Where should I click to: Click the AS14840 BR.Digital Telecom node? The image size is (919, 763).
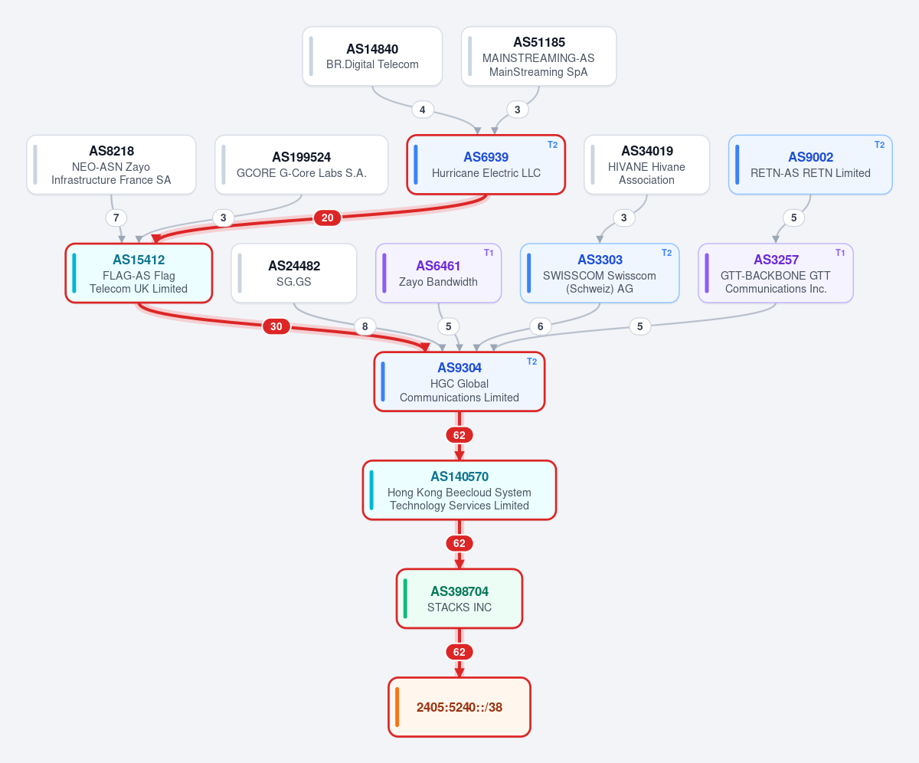tap(372, 57)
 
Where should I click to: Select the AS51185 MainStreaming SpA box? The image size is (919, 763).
tap(538, 57)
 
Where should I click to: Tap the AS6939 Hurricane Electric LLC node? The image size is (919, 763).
tap(486, 165)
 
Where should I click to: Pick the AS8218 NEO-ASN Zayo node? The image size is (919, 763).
tap(111, 165)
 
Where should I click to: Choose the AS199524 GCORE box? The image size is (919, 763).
tap(302, 165)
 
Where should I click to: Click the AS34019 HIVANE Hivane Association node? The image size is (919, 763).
tap(646, 165)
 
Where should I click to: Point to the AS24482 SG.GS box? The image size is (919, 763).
tap(294, 273)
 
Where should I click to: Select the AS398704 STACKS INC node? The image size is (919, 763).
tap(459, 599)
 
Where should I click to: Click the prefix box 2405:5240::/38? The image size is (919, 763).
tap(459, 707)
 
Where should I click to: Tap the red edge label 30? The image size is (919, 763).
tap(276, 326)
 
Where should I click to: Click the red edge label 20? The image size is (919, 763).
tap(327, 218)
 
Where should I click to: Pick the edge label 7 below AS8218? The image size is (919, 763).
tap(116, 218)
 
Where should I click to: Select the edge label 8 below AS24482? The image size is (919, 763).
tap(365, 326)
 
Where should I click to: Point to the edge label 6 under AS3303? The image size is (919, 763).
tap(541, 326)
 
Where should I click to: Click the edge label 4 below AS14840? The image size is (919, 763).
tap(423, 110)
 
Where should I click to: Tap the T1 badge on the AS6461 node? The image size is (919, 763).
tap(489, 253)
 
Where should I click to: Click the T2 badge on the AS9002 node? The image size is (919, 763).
tap(879, 145)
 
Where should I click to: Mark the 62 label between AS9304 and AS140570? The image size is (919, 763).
tap(459, 435)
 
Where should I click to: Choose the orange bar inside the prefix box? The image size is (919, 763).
tap(397, 707)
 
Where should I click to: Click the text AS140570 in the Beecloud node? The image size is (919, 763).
tap(459, 476)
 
